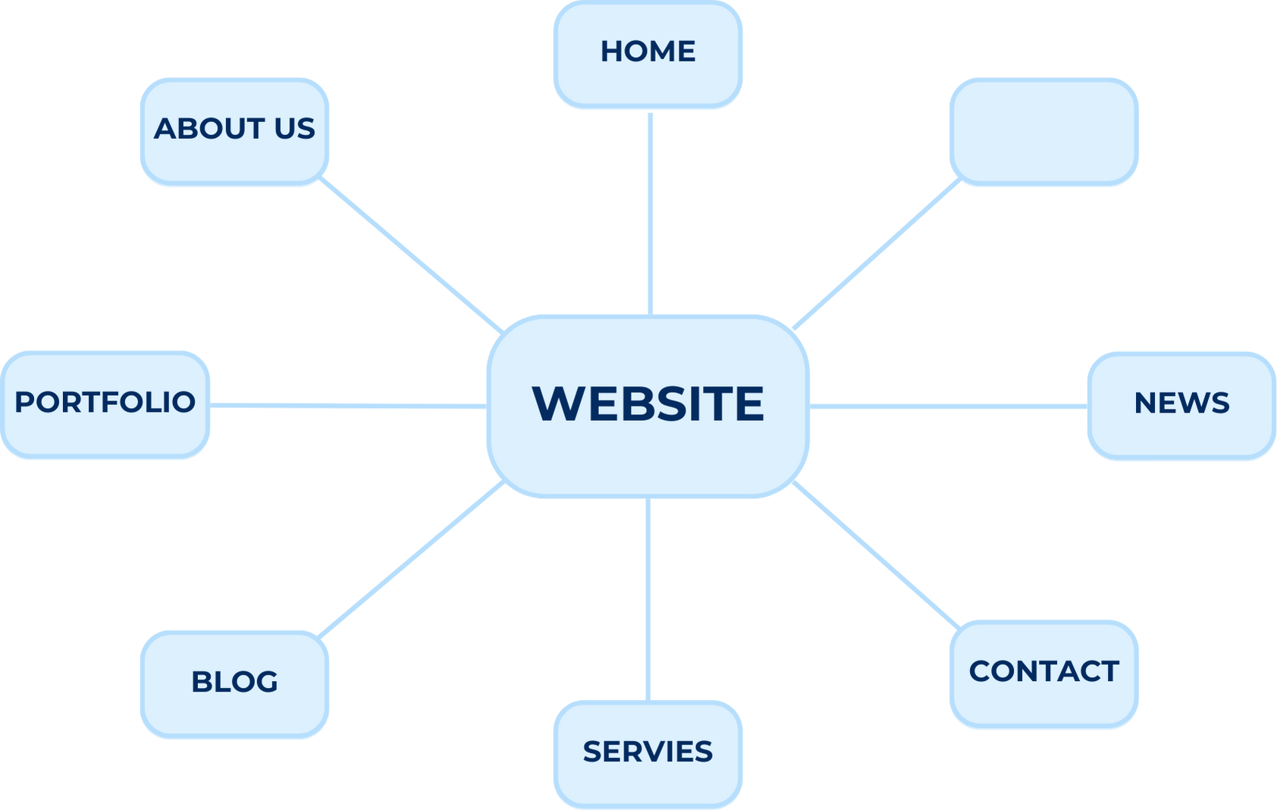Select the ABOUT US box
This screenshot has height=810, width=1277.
point(234,131)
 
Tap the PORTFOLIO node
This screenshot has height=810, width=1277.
point(105,405)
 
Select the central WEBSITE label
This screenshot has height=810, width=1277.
point(648,404)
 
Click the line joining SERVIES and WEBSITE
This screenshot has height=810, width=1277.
point(648,599)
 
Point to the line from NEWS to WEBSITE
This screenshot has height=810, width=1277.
point(948,407)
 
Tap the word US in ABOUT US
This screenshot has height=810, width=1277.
point(294,129)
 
